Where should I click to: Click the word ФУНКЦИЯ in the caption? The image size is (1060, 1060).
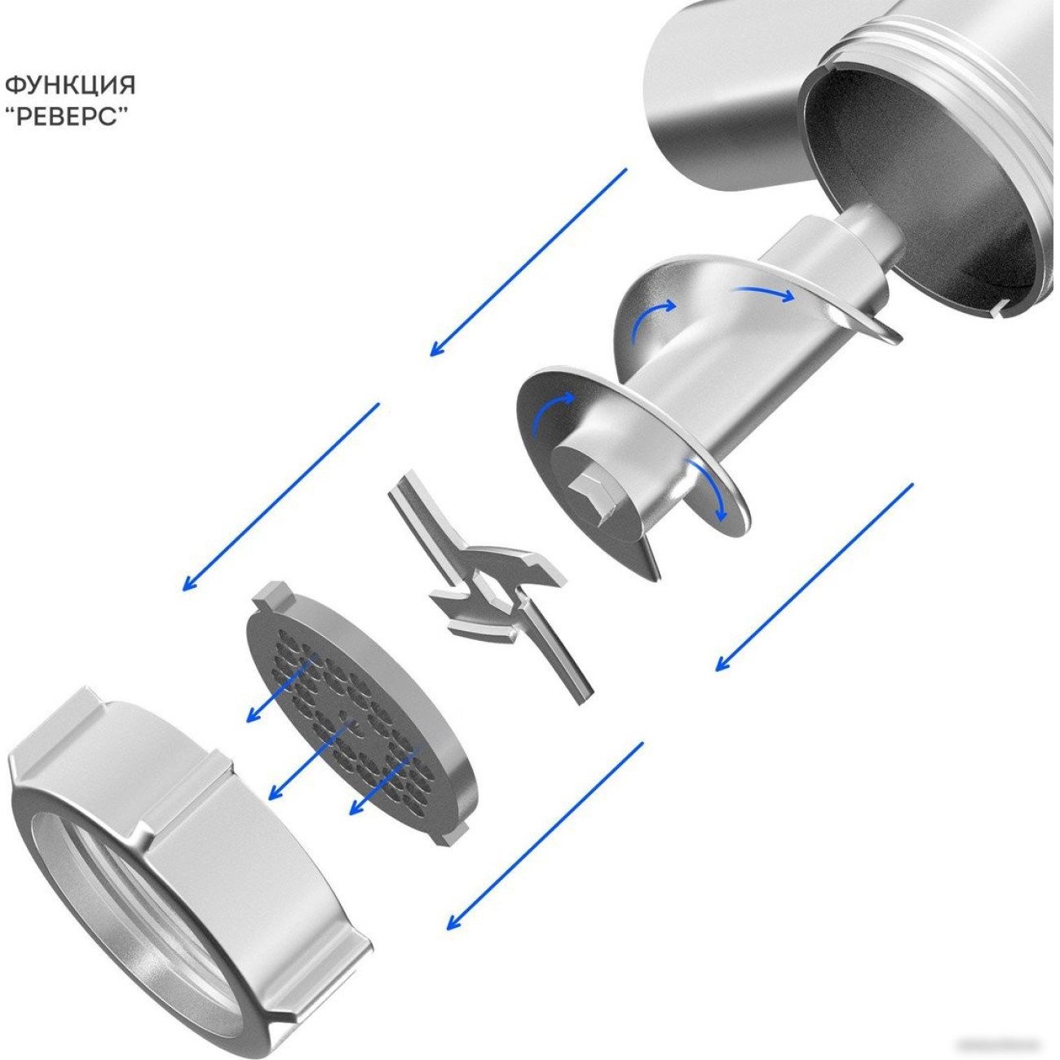70,86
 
